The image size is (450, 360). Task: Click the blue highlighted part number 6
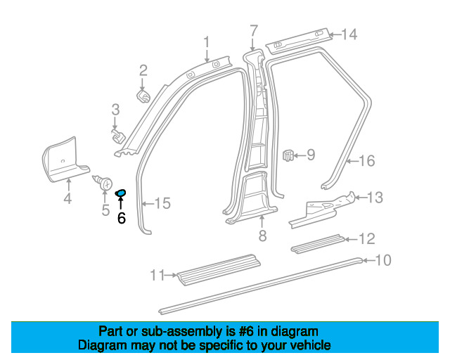(x=120, y=193)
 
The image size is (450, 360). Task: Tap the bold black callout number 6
(x=122, y=218)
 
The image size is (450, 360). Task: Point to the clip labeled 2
(x=143, y=96)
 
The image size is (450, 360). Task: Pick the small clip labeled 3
(x=118, y=136)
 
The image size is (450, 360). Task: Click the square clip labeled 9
(x=288, y=155)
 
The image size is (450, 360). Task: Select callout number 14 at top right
(x=349, y=34)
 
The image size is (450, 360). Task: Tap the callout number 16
(x=367, y=161)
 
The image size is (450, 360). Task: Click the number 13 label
(x=375, y=198)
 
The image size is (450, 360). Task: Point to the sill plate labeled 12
(x=317, y=244)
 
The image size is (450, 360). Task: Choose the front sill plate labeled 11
(x=219, y=269)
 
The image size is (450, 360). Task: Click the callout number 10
(x=383, y=260)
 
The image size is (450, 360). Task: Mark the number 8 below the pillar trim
(x=262, y=236)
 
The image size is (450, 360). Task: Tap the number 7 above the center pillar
(x=254, y=31)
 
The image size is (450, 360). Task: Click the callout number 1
(x=207, y=42)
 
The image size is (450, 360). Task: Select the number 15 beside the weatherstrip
(x=162, y=203)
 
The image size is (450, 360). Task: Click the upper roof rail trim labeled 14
(x=300, y=40)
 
